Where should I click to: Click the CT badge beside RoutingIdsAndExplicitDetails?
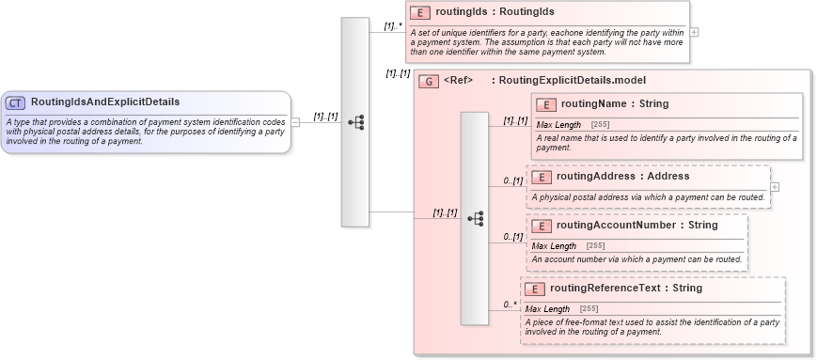tap(16, 102)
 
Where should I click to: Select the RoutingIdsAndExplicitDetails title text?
tap(105, 102)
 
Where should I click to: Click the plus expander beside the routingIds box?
tap(694, 32)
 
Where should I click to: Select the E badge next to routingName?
tap(546, 104)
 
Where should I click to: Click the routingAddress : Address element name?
tap(622, 176)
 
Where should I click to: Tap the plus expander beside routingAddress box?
tap(774, 186)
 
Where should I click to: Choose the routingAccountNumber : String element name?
tap(636, 225)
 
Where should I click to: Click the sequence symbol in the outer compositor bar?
tap(355, 122)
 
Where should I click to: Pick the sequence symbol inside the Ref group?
tap(475, 218)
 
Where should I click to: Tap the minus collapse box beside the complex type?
tap(295, 121)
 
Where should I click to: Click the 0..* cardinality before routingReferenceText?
tap(510, 304)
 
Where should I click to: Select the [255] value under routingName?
tap(600, 125)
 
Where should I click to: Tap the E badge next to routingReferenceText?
tap(534, 289)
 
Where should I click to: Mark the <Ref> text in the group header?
tap(458, 81)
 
